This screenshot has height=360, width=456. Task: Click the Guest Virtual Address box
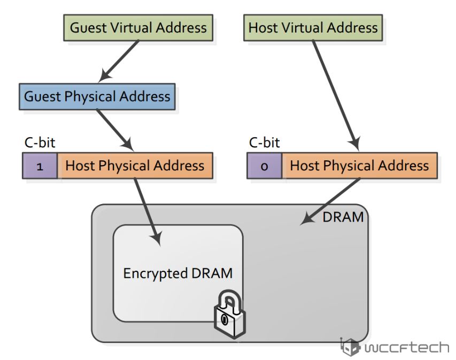coord(138,27)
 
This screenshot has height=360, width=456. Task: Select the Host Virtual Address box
coord(313,27)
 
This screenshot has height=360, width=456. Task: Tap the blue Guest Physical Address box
coord(97,97)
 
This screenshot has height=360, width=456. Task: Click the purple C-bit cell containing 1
coord(40,166)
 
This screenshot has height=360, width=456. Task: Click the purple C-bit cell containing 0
coord(264,166)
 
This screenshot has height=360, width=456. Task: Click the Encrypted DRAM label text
coord(178,273)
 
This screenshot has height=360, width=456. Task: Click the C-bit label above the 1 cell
coord(40,143)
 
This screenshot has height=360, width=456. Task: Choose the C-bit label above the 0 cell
coord(265,143)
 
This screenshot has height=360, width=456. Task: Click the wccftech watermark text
coord(406,348)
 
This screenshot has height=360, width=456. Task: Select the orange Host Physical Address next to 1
coord(135,166)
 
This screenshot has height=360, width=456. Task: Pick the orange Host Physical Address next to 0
coord(359,166)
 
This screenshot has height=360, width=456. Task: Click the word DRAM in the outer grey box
coord(343,217)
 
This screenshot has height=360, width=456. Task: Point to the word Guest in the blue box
coord(43,97)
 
